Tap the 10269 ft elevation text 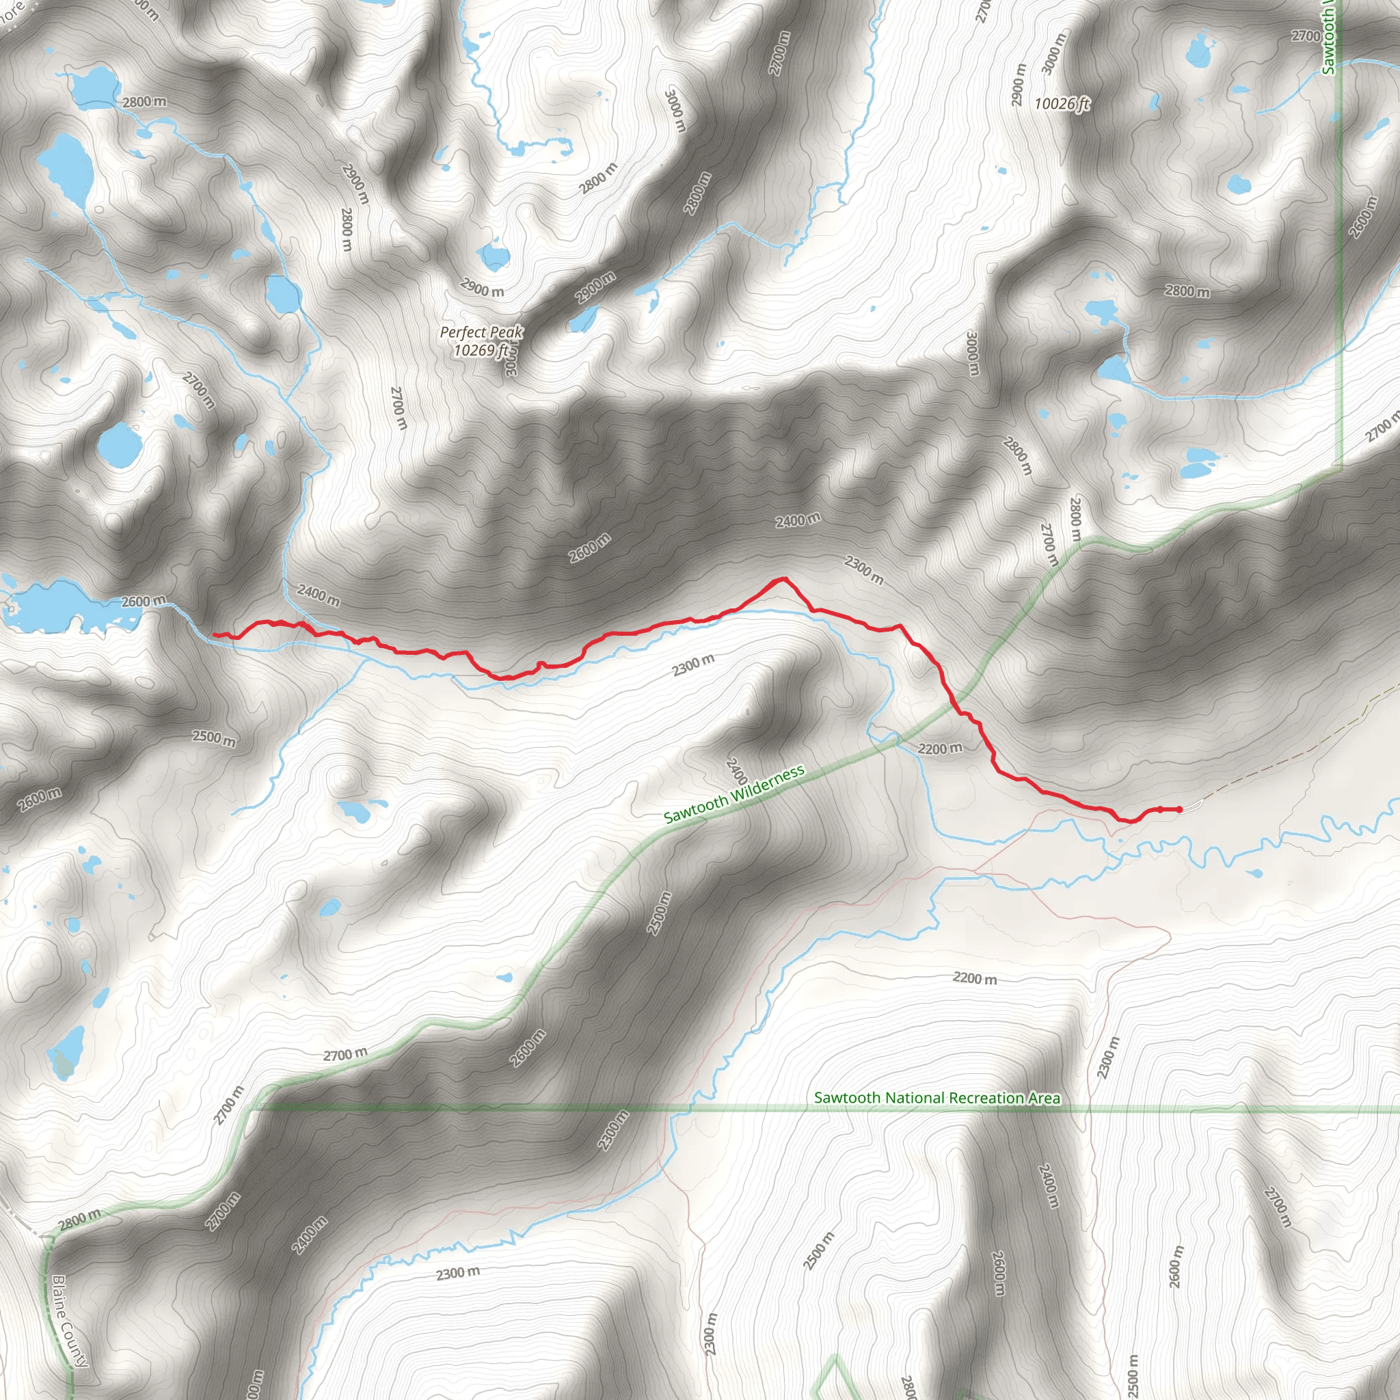click(x=481, y=351)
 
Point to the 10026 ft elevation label click(x=1061, y=105)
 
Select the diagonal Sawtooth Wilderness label click(x=734, y=794)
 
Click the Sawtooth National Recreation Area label click(x=937, y=1098)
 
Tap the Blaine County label click(x=70, y=1321)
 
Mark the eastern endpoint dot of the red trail click(x=1180, y=809)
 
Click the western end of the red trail click(x=215, y=635)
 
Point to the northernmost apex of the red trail click(x=783, y=579)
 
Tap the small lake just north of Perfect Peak click(x=496, y=256)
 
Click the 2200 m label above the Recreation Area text click(x=975, y=978)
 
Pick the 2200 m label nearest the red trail click(x=940, y=748)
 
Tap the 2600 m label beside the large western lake click(x=143, y=602)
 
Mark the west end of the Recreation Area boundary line click(x=252, y=1108)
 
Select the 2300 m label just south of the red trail click(x=692, y=664)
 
